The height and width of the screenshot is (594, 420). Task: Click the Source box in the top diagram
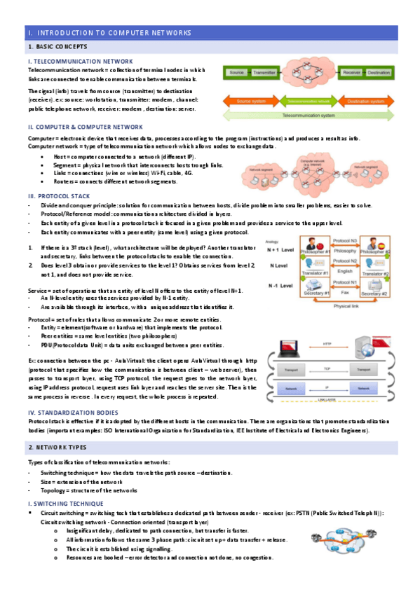(x=236, y=73)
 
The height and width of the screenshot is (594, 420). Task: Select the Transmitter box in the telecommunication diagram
(x=265, y=73)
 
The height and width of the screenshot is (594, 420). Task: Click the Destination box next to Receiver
(x=379, y=73)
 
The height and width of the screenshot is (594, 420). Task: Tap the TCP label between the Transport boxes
(x=327, y=367)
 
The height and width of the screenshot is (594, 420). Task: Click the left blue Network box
(x=289, y=387)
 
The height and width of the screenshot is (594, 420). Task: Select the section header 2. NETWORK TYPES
(x=57, y=446)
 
